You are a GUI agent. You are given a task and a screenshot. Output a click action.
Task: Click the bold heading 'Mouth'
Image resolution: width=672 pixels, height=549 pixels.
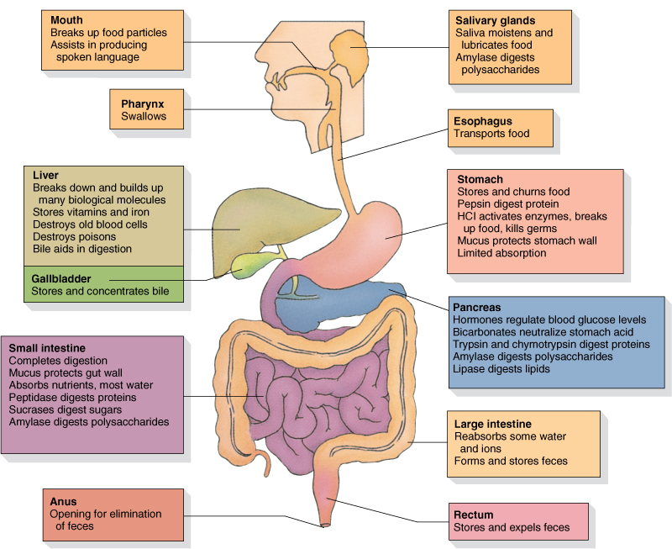coord(66,20)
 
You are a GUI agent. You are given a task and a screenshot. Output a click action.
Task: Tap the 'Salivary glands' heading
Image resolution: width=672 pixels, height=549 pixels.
coord(496,20)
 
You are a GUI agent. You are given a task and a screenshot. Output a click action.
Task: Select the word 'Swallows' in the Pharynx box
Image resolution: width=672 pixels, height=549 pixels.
coord(144,116)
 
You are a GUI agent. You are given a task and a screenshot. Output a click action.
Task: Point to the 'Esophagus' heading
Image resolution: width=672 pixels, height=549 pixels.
coord(483,121)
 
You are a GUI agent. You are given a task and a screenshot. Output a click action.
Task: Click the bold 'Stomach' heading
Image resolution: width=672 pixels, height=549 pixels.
coord(480,179)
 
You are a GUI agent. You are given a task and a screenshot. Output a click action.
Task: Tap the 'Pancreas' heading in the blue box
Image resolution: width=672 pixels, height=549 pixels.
coord(479,307)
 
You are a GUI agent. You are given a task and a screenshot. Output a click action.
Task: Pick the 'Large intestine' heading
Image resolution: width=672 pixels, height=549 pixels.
coord(493,424)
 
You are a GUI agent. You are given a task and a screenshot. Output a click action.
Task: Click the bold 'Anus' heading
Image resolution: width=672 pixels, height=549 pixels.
coord(63,501)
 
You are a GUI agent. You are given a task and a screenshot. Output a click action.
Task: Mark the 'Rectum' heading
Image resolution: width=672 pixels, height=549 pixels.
coord(474,515)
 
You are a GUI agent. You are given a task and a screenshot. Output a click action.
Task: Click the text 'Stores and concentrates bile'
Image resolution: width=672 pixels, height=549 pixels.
coord(100,292)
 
